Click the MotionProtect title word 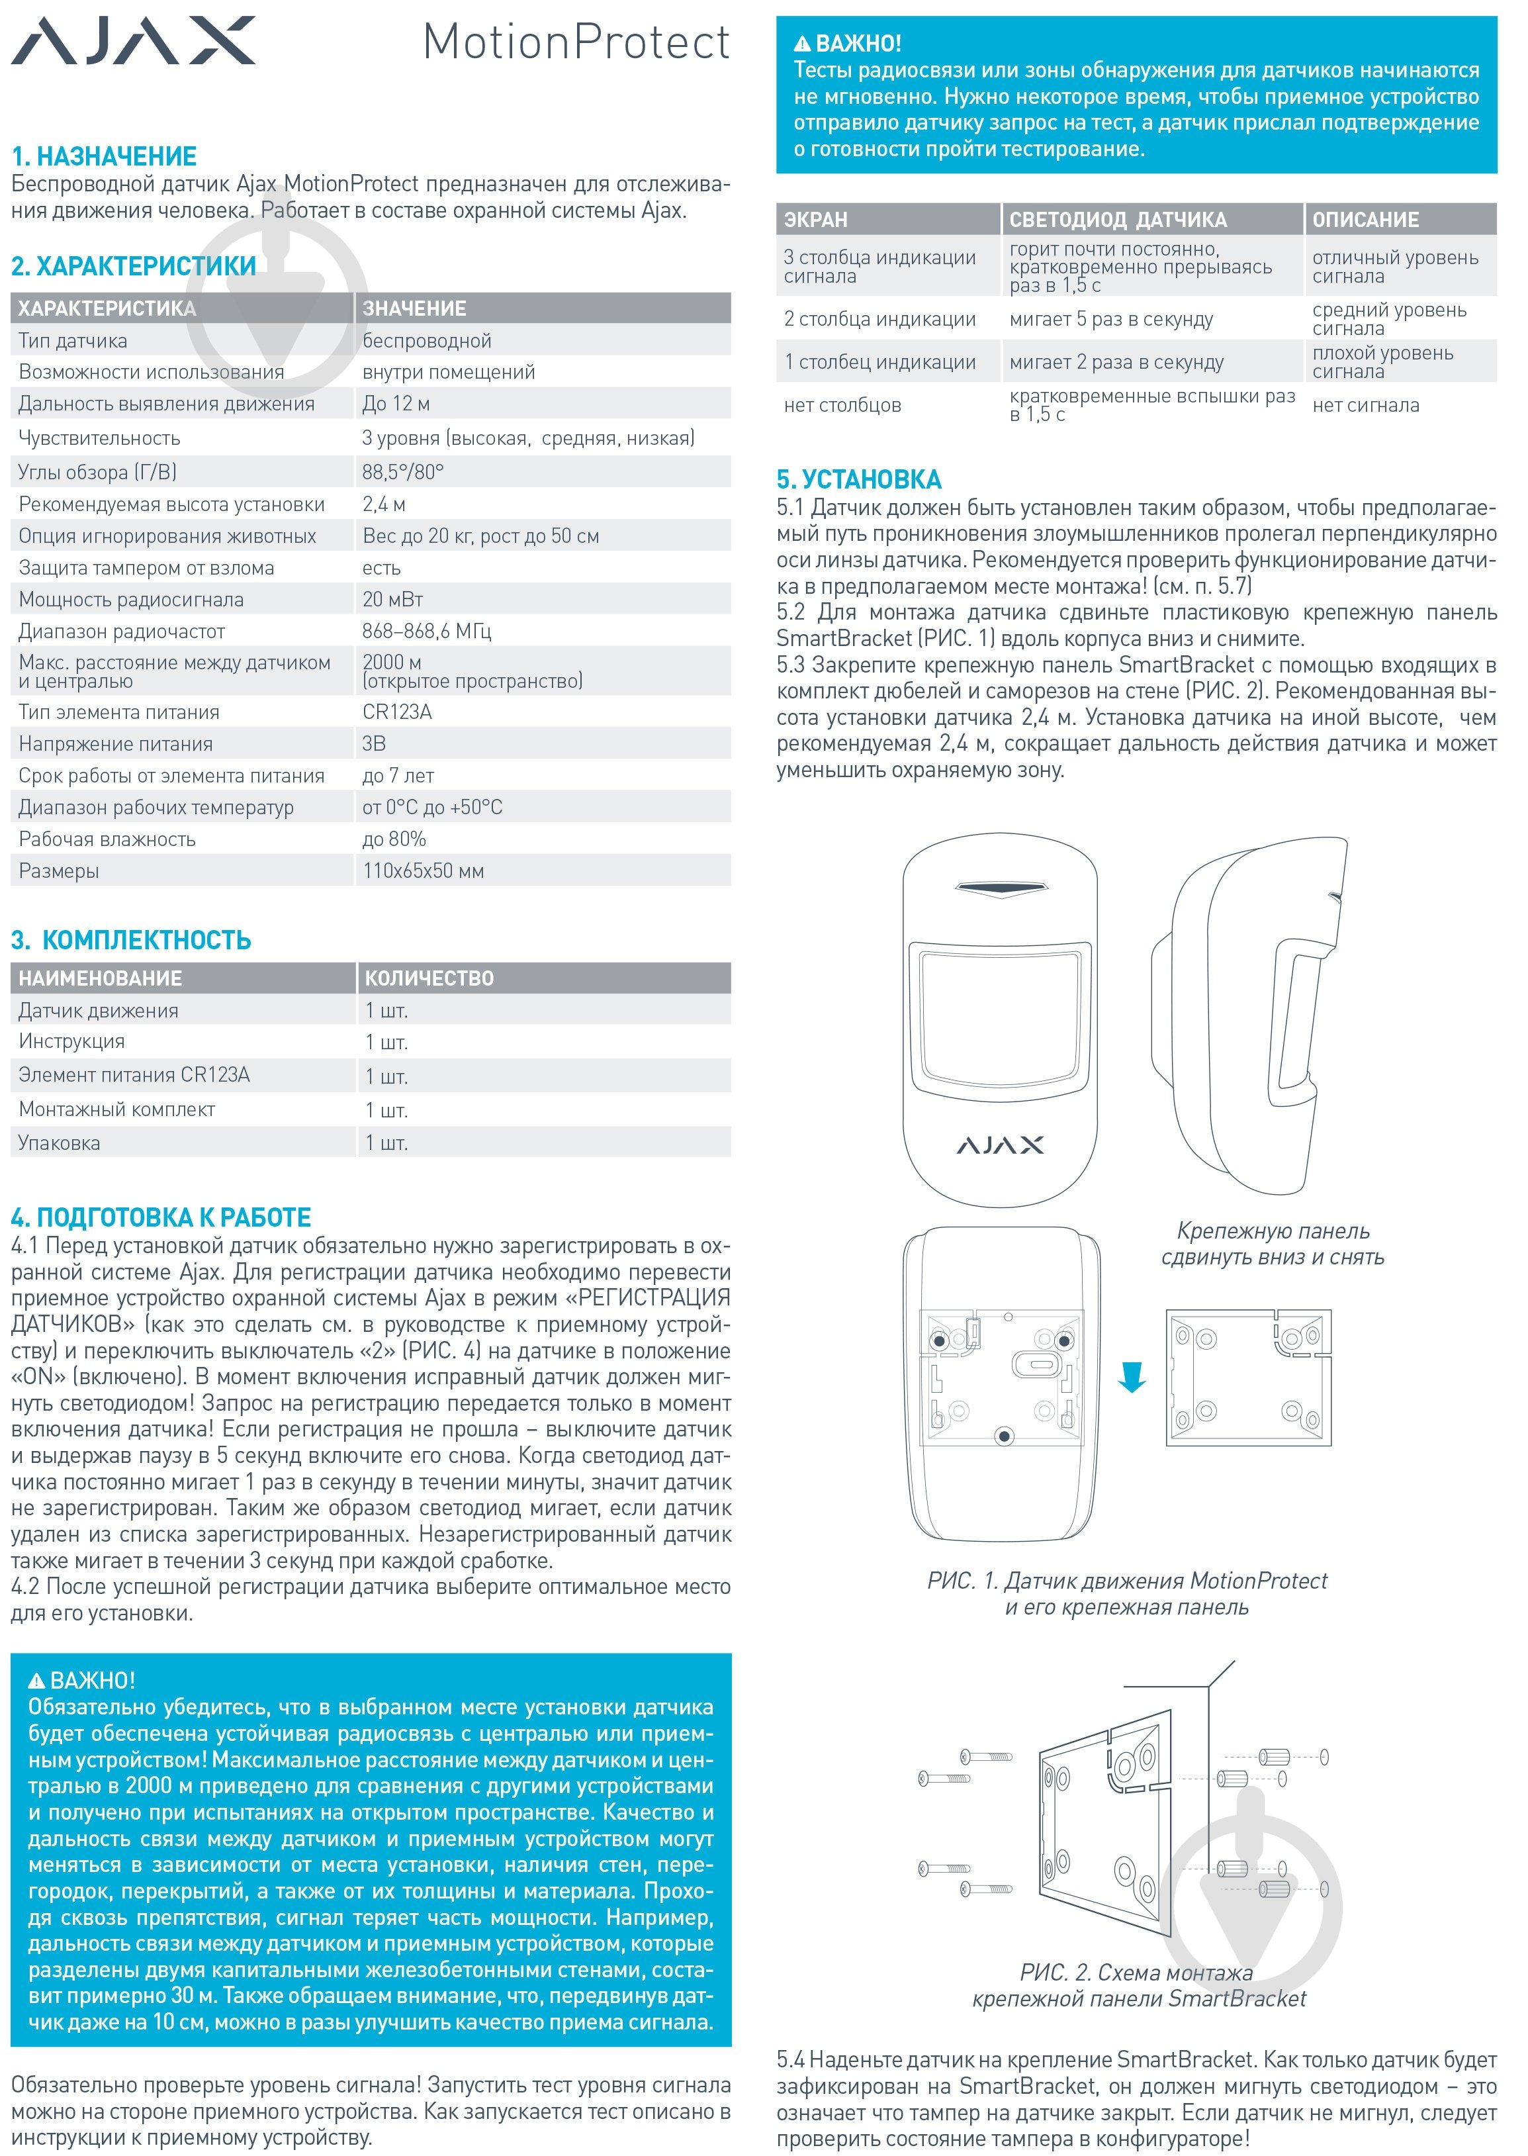point(576,42)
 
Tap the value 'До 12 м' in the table point(396,404)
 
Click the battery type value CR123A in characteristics point(397,712)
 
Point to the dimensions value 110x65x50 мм point(424,871)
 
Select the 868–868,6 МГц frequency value point(427,632)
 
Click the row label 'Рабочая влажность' point(107,839)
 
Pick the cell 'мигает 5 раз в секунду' point(1111,320)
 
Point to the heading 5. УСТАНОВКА point(859,480)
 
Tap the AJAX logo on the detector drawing point(1000,1145)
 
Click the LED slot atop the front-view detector point(1000,888)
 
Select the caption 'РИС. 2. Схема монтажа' point(1137,1973)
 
